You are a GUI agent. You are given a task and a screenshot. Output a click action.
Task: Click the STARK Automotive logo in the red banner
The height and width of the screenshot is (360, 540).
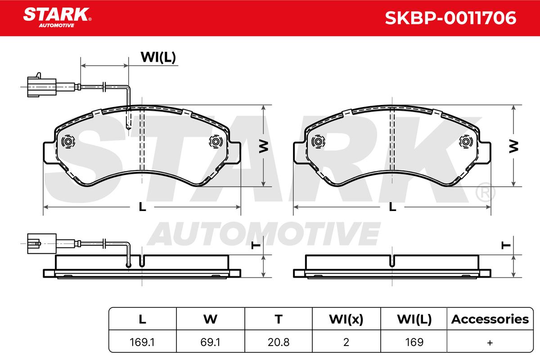click(x=57, y=18)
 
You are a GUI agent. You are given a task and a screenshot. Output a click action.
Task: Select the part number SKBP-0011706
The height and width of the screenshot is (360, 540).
click(x=450, y=18)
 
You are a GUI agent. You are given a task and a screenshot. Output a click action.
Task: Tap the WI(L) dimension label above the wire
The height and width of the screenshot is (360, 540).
click(x=158, y=58)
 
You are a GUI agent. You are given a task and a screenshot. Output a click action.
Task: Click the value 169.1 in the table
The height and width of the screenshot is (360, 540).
click(x=142, y=342)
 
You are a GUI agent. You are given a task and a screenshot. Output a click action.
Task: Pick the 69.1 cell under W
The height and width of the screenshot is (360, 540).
click(x=210, y=342)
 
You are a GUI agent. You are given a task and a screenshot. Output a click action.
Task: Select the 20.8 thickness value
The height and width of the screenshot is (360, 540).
click(x=279, y=342)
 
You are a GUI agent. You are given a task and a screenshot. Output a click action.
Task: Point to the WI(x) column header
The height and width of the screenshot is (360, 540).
click(x=346, y=319)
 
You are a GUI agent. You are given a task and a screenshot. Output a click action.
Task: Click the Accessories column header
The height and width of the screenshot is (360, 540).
click(x=490, y=319)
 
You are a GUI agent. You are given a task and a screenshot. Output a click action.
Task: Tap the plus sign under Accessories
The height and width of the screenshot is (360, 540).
click(x=490, y=342)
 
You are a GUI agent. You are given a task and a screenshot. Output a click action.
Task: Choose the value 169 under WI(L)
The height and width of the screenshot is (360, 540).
click(x=414, y=342)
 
